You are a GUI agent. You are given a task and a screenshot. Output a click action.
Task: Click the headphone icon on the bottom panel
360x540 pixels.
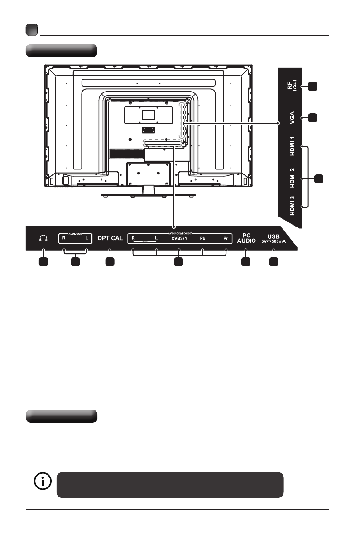(x=43, y=238)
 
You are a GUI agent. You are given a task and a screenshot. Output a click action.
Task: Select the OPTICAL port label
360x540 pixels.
(x=110, y=238)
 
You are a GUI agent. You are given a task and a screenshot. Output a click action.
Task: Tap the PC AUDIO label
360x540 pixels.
(x=245, y=238)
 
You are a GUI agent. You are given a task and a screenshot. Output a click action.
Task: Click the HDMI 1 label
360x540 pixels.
(x=292, y=149)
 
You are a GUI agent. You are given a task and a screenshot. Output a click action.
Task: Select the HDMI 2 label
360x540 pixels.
(x=292, y=178)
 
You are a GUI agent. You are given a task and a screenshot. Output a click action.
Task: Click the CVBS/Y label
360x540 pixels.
(x=179, y=238)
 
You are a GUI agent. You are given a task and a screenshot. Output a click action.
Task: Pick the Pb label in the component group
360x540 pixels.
(x=203, y=238)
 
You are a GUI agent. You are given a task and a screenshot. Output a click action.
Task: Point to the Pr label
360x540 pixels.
(x=225, y=238)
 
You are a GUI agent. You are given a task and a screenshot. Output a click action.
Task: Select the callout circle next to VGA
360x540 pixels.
(x=311, y=117)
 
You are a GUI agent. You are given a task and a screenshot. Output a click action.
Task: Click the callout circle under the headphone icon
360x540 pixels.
(x=43, y=261)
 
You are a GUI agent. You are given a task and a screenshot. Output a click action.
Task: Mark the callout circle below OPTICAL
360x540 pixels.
(x=110, y=261)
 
